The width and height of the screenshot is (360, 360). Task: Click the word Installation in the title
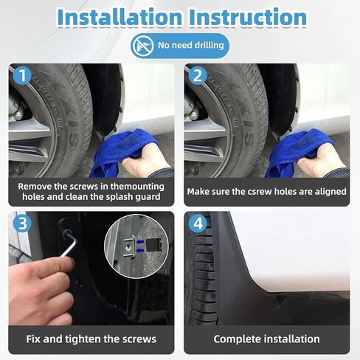coord(120,18)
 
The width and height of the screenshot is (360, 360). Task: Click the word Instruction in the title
coord(248,18)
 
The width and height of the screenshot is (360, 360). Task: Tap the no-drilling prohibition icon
coord(142,46)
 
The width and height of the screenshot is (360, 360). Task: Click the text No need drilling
coord(191,46)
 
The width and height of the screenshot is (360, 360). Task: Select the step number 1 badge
coord(22,75)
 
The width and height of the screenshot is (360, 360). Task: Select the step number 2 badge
coord(198,75)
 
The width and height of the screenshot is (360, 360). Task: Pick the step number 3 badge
coord(22,224)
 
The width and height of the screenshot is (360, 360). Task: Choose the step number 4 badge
coord(198,224)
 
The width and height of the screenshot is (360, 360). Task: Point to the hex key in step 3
coord(69,243)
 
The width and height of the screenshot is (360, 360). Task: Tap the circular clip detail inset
coord(136,246)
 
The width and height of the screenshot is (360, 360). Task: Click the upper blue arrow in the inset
coord(140,242)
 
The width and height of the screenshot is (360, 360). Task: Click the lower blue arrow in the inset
coord(140,251)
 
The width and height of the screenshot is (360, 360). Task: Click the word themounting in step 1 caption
coord(137,187)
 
